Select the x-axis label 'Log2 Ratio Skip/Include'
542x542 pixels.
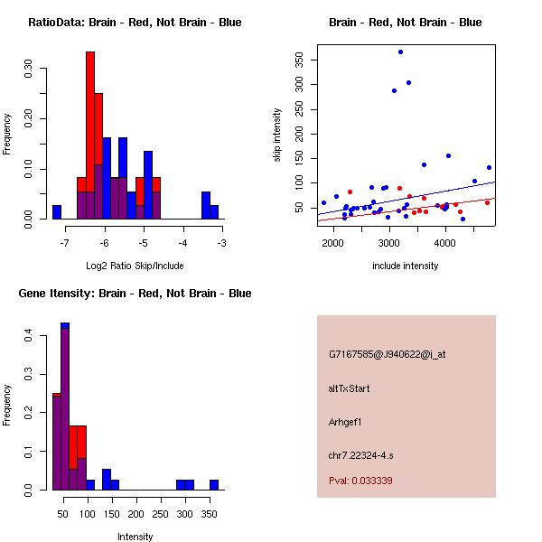135,266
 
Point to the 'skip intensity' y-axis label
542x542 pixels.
277,135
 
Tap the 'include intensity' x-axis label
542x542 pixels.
406,266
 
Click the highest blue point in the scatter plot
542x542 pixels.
400,51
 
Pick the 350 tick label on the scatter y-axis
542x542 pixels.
299,60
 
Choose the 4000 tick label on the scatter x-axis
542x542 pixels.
445,242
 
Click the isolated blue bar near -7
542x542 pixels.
57,212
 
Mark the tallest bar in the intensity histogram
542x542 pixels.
65,406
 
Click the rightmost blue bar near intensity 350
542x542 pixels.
214,484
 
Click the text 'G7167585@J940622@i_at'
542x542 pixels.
388,354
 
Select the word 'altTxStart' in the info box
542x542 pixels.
350,388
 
